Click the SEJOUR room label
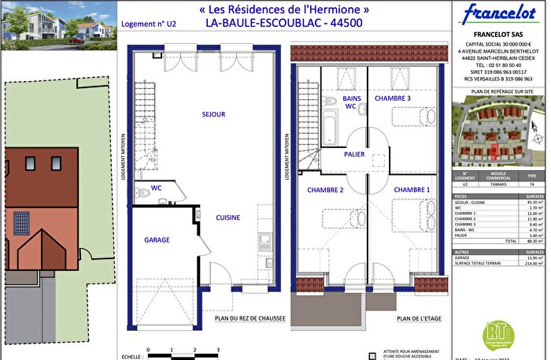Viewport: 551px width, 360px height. pos(213,114)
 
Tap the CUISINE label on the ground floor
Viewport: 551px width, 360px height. pos(227,217)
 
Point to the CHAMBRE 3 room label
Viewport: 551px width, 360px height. pos(392,98)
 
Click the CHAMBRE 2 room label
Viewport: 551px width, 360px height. pos(326,190)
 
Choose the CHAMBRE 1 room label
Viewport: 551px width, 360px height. pos(412,190)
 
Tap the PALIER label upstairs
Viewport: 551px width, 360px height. pos(354,154)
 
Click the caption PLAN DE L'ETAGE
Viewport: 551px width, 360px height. pos(419,319)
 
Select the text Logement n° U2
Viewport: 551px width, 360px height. pos(149,25)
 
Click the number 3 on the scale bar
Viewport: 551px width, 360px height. pos(218,347)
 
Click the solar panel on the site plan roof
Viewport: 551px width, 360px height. pos(20,222)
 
